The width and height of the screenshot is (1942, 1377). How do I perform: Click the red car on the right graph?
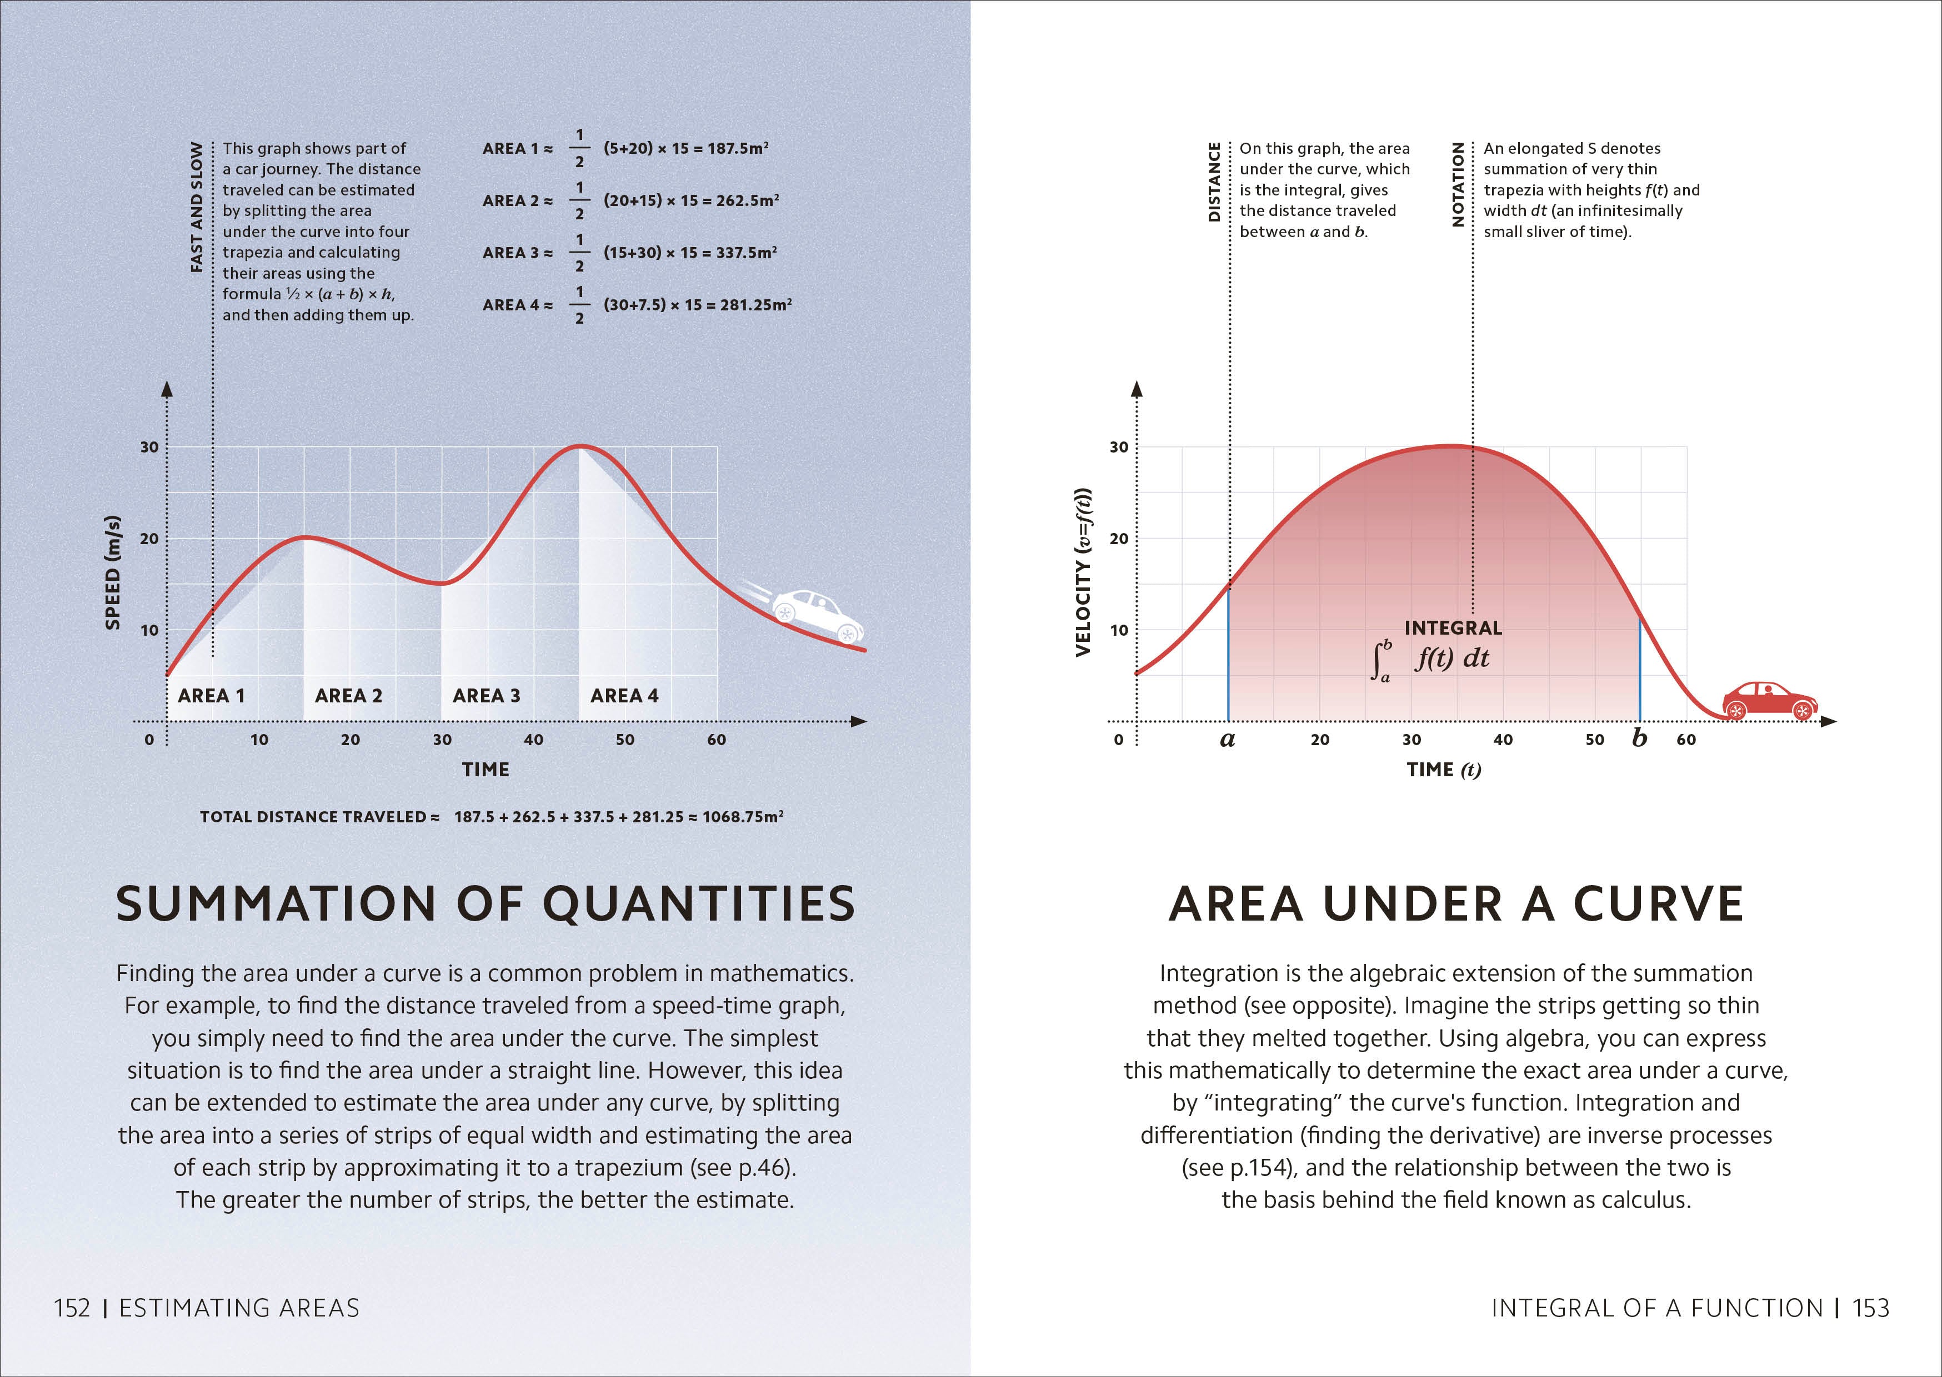(x=1770, y=700)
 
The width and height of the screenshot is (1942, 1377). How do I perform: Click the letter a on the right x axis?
(x=1227, y=740)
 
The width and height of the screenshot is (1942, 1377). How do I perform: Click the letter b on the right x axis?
(x=1639, y=738)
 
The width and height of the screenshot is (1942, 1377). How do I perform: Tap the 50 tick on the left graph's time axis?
(x=625, y=740)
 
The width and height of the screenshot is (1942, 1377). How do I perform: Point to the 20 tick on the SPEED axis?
(x=149, y=539)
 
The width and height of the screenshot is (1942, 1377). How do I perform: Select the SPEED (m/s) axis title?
(x=112, y=572)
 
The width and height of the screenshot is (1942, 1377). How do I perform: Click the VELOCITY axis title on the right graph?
(x=1083, y=572)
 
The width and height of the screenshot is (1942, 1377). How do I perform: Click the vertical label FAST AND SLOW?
(x=197, y=207)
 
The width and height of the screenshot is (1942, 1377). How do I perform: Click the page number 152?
(x=72, y=1308)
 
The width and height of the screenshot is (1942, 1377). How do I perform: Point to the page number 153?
(x=1871, y=1308)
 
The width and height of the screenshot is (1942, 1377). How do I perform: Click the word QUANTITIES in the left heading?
(x=699, y=904)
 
